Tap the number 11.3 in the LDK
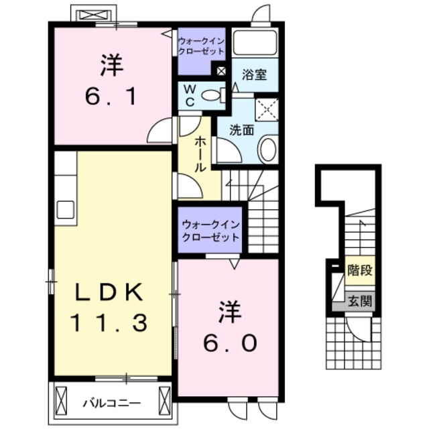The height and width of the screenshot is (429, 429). tap(110, 324)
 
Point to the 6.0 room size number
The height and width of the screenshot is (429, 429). tap(228, 343)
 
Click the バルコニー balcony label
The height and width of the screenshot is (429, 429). tap(111, 403)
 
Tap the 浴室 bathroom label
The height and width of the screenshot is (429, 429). tap(255, 74)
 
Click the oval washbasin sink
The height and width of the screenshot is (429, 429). tap(268, 149)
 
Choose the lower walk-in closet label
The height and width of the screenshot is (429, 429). tap(209, 230)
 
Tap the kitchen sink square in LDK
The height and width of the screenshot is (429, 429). tap(66, 209)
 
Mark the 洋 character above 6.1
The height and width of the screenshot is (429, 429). tap(111, 65)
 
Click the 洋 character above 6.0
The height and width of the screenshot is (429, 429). tap(228, 311)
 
